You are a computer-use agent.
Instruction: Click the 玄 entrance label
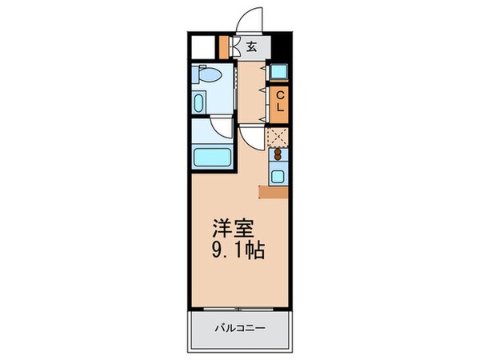pos(251,47)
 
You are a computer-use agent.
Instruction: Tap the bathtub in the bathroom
pos(212,155)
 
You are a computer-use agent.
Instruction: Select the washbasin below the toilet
pos(199,102)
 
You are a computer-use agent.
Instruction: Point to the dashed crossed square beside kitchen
pos(278,137)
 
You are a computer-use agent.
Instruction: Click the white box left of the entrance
pos(205,46)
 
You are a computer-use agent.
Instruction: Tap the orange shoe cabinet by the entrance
pos(224,46)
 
